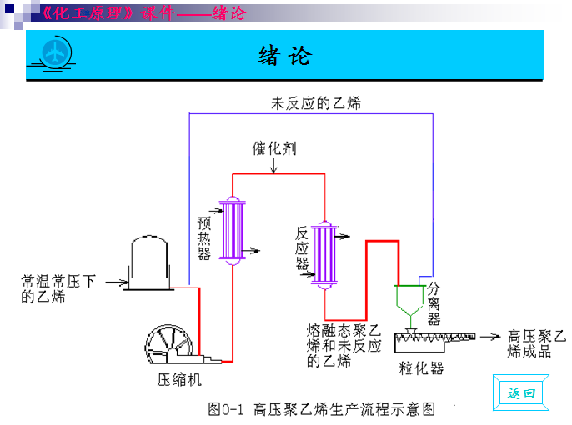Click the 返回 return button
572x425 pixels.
click(522, 392)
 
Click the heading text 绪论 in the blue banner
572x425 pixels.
click(285, 56)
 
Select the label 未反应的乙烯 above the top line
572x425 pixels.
click(315, 103)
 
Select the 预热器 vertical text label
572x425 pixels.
click(204, 238)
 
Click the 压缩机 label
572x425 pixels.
click(179, 380)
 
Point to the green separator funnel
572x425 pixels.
click(408, 301)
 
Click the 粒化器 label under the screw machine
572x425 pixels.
click(421, 367)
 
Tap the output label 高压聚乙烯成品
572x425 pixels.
click(536, 343)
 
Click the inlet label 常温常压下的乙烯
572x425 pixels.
click(58, 288)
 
